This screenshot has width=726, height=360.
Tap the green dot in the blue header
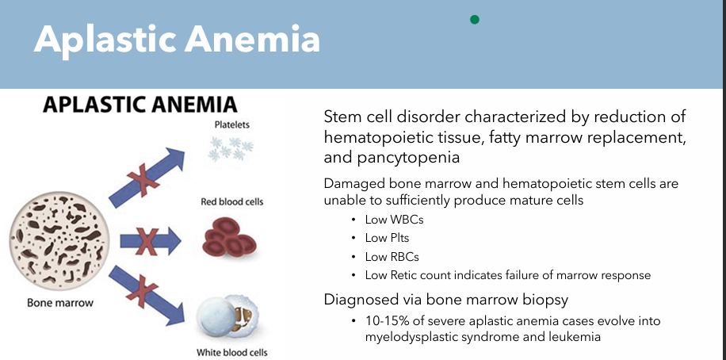point(475,19)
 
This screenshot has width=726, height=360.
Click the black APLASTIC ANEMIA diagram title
point(139,105)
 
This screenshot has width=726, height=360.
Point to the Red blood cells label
point(231,202)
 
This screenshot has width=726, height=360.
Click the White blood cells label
point(231,352)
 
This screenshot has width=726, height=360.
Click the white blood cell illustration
point(225,317)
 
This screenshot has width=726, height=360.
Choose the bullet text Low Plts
point(387,239)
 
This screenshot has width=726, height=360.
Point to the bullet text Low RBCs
point(392,257)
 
